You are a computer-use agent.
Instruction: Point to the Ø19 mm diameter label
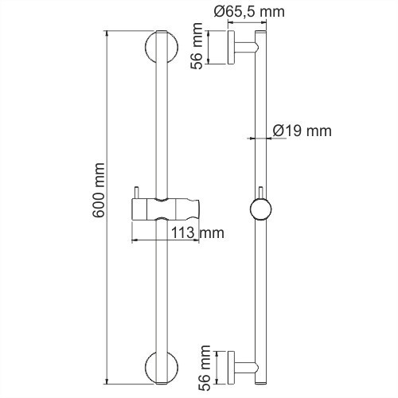301,131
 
